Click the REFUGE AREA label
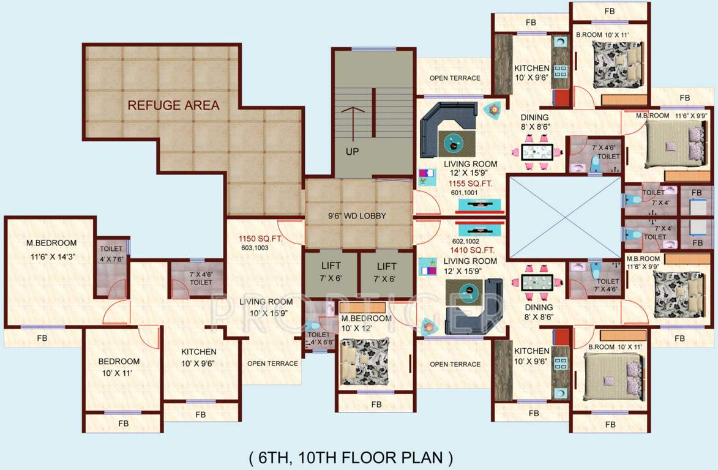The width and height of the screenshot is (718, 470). (173, 105)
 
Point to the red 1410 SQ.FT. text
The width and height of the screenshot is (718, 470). (471, 250)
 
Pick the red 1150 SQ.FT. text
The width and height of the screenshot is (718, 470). (261, 239)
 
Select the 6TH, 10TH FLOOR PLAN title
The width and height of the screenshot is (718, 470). (351, 457)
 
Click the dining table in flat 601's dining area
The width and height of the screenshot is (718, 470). (537, 152)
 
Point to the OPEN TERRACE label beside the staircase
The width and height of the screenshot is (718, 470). (455, 78)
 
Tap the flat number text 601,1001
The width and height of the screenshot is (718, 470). (465, 193)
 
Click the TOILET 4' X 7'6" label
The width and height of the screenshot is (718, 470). (111, 253)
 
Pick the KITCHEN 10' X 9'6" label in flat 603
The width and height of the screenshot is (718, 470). (198, 357)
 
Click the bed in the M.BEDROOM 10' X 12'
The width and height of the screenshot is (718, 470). (365, 361)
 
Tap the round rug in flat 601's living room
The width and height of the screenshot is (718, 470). (455, 143)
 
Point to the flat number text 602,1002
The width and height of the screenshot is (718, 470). (465, 241)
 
